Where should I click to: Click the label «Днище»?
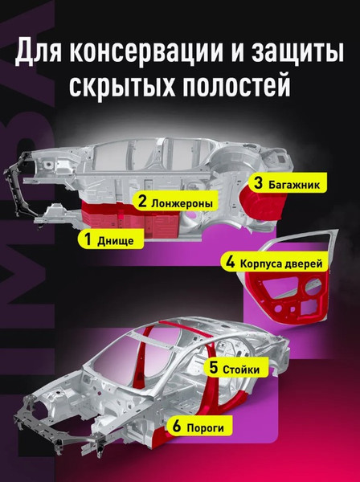(x=121, y=239)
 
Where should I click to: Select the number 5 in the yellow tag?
(x=215, y=369)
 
